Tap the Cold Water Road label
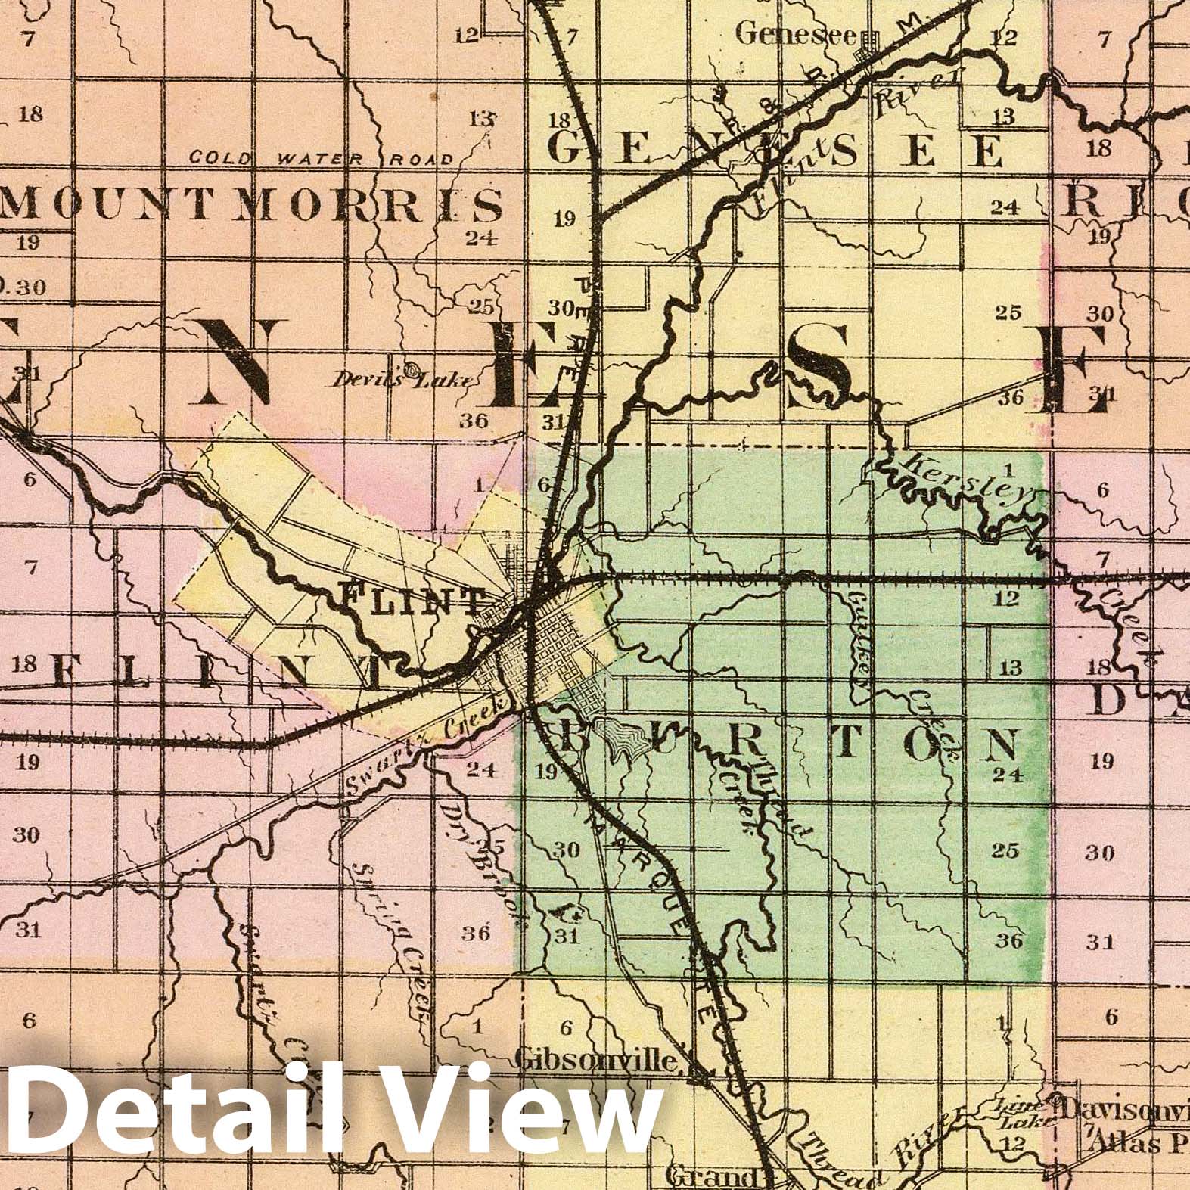(322, 159)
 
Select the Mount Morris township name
(252, 205)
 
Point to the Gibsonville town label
(596, 1061)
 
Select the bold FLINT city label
(412, 600)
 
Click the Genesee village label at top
(795, 33)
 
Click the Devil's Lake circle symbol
(411, 370)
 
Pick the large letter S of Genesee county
(821, 356)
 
